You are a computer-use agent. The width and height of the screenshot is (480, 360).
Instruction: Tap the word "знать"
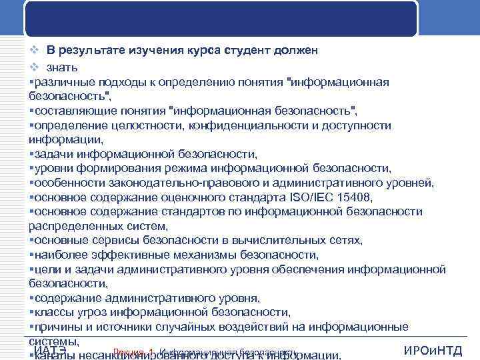[x=62, y=67]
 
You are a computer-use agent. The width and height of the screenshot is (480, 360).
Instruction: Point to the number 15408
[x=352, y=197]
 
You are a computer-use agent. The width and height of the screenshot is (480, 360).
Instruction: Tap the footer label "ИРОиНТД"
[x=433, y=351]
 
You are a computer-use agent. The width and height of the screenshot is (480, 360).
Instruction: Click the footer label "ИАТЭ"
[x=49, y=351]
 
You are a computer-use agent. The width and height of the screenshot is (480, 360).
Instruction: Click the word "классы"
[x=53, y=312]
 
